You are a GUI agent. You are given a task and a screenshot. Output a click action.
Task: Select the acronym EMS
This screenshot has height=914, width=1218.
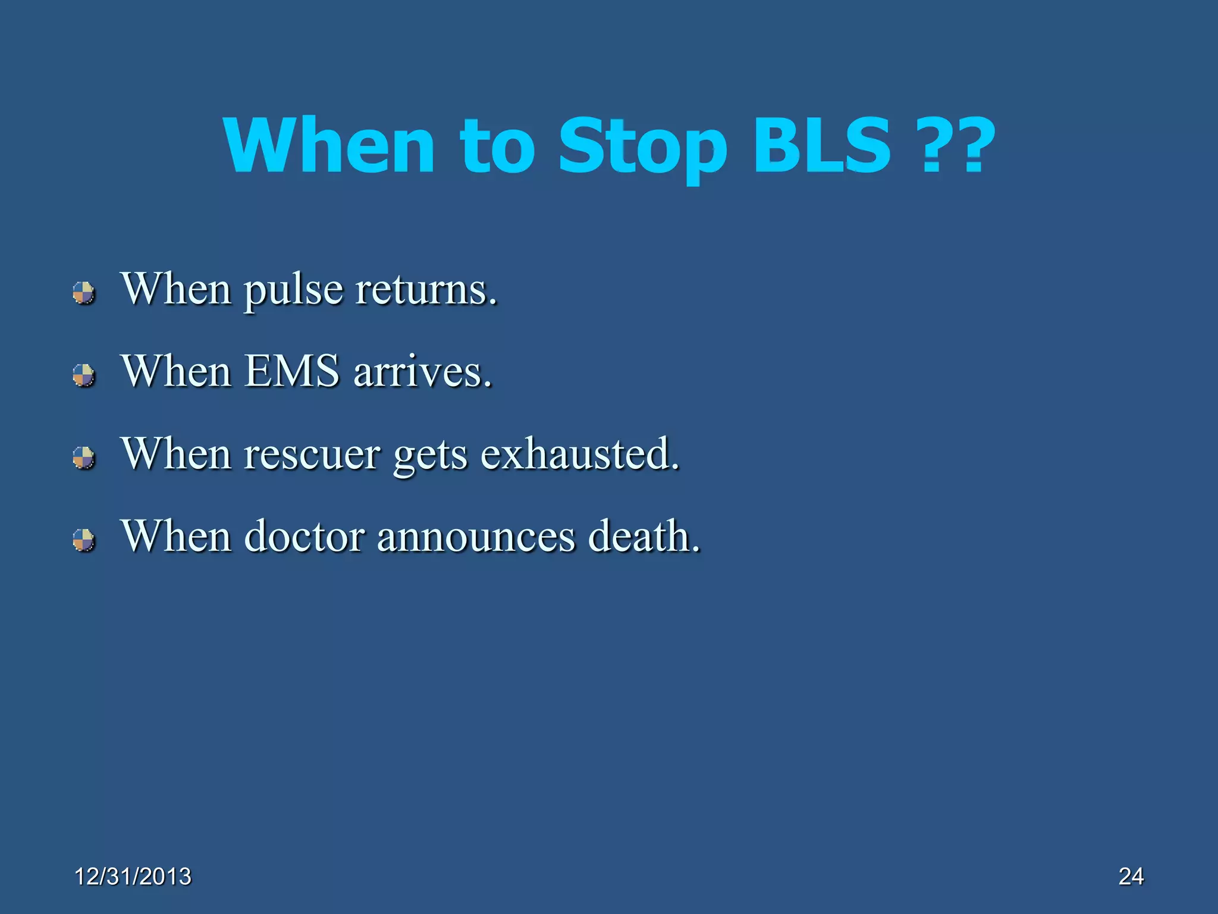[291, 371]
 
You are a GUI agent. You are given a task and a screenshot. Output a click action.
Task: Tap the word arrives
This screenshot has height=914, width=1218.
[423, 373]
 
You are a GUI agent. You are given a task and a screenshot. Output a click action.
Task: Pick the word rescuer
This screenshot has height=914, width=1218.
[312, 455]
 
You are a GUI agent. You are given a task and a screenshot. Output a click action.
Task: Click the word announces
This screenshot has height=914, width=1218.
[476, 537]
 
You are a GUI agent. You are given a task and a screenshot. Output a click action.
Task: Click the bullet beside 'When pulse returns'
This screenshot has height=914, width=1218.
[84, 293]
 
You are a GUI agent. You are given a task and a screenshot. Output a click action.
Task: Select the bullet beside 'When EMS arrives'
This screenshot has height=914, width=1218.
[84, 375]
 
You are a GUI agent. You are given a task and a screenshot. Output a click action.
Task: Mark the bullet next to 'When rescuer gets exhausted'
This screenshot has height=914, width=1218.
[84, 458]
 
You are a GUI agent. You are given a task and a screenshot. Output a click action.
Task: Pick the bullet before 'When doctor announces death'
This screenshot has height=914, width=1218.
[84, 540]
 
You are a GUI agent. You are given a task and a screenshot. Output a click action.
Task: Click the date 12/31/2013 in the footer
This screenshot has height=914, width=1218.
[133, 877]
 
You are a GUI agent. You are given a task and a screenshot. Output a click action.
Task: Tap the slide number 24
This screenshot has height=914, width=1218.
[1131, 877]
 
